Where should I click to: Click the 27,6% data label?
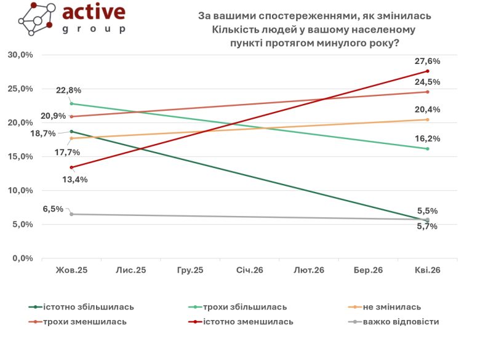point(427,62)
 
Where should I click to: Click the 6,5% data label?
point(53,209)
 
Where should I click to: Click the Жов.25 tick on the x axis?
point(71,270)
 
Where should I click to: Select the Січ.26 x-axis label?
point(249,270)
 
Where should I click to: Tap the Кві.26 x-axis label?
point(426,270)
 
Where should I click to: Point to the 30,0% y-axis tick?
point(20,55)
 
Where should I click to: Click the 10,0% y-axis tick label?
point(20,191)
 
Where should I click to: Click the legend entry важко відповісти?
point(401,321)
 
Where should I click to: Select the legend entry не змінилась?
point(392,306)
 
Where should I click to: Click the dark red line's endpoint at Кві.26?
point(427,71)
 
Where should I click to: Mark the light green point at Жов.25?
point(71,103)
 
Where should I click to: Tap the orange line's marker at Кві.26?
point(427,119)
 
